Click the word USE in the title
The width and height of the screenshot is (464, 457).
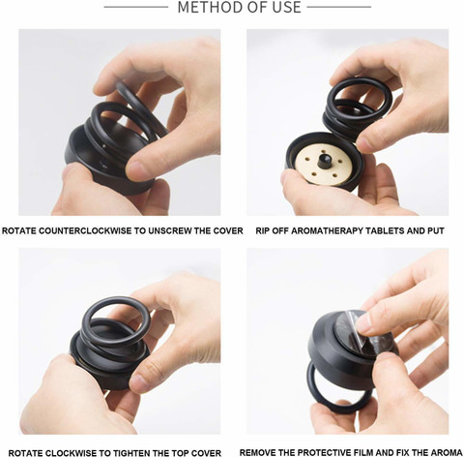[x=287, y=7]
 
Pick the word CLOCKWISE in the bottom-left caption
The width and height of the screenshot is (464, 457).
[x=66, y=453]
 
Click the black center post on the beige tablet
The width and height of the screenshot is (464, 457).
[x=324, y=161]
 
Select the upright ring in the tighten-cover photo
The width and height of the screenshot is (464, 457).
[x=117, y=322]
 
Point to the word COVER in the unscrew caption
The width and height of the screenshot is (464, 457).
[x=228, y=230]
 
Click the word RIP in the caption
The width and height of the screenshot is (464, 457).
[x=262, y=230]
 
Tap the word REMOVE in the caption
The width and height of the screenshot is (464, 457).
[x=257, y=452]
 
